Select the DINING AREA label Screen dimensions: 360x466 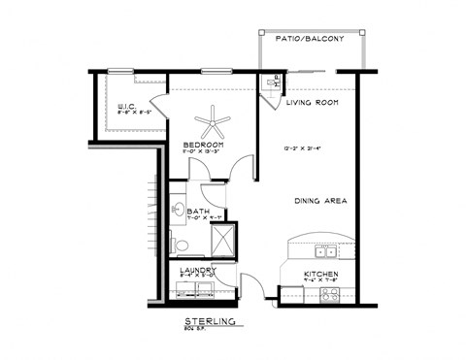319,201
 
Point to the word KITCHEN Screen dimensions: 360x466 319,275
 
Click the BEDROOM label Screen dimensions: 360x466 204,145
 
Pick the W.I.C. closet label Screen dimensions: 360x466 126,107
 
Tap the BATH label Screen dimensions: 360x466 198,212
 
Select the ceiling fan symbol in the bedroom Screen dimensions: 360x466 213,123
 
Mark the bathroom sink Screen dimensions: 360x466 179,209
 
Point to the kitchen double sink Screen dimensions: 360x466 325,251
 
